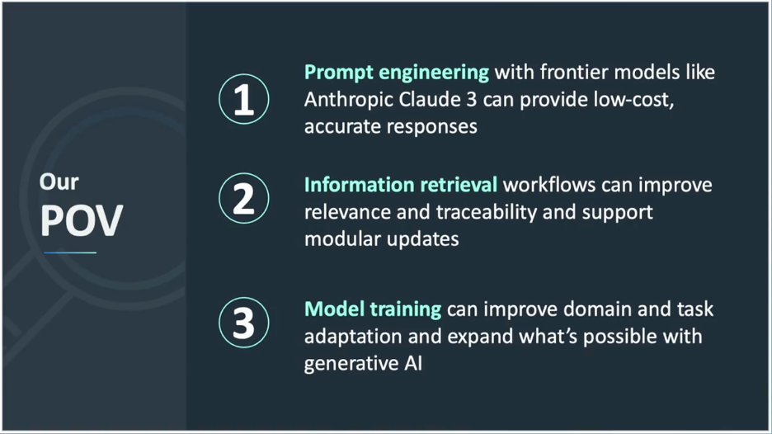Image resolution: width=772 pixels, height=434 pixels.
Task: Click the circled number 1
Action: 243,99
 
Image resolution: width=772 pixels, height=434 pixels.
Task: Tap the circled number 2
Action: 243,198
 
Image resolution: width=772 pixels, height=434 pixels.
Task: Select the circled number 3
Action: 243,323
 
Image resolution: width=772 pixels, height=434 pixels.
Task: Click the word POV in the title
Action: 81,220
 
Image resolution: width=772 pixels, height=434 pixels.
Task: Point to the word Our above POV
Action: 59,182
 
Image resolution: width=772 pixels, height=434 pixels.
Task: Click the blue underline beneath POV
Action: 70,252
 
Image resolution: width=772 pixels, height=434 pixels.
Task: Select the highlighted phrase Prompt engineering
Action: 397,73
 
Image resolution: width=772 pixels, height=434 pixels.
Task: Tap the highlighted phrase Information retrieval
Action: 401,185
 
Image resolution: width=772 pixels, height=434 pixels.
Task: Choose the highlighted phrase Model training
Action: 373,309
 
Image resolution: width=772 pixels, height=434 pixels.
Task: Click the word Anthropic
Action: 348,100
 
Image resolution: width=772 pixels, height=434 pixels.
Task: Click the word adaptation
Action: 353,337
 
